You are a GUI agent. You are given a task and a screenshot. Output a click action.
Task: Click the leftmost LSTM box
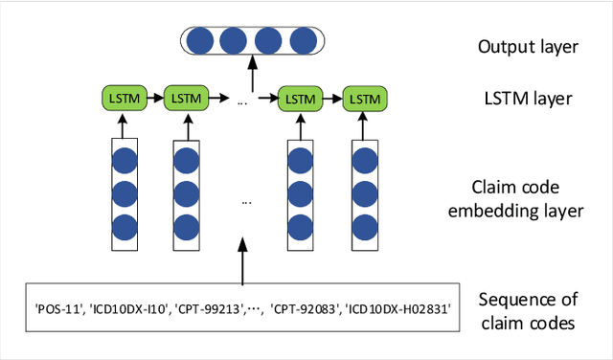pyautogui.click(x=123, y=98)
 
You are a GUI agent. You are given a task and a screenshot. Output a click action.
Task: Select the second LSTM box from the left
pyautogui.click(x=186, y=98)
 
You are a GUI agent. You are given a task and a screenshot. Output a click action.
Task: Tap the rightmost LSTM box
pyautogui.click(x=364, y=98)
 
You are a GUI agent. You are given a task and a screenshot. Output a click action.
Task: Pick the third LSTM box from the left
pyautogui.click(x=301, y=98)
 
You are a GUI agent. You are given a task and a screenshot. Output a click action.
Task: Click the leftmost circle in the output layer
pyautogui.click(x=200, y=41)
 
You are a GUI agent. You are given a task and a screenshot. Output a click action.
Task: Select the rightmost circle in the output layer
pyautogui.click(x=303, y=41)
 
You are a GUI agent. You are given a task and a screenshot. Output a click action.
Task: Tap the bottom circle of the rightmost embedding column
pyautogui.click(x=364, y=227)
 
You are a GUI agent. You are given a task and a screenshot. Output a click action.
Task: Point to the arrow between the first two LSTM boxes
pyautogui.click(x=154, y=98)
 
